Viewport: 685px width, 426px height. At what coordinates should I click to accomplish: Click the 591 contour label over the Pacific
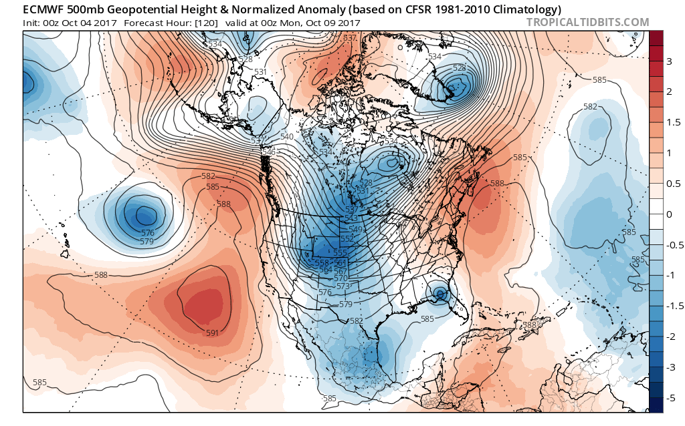213,333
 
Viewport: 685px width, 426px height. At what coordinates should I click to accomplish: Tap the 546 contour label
269,152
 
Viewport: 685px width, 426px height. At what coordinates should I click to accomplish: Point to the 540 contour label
287,137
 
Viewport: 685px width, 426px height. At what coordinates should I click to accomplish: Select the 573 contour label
343,286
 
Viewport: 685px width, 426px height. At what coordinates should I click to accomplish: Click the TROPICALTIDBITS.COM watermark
587,22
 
